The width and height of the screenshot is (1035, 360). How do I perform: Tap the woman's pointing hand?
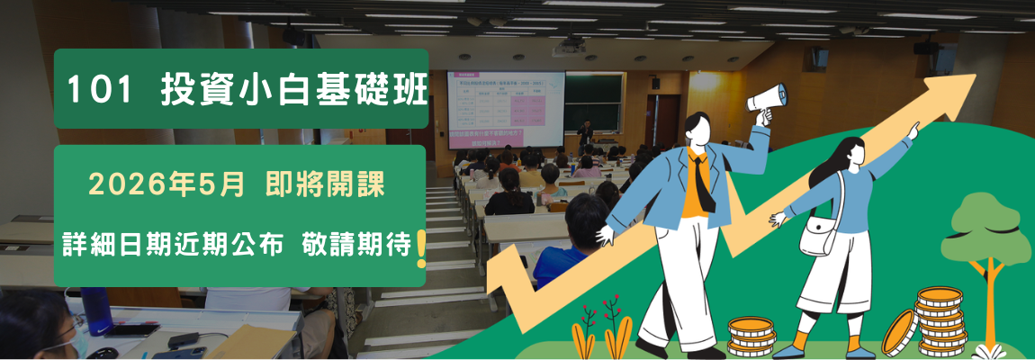[x=913, y=131]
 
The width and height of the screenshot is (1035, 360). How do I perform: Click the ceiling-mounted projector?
[x=568, y=47]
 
